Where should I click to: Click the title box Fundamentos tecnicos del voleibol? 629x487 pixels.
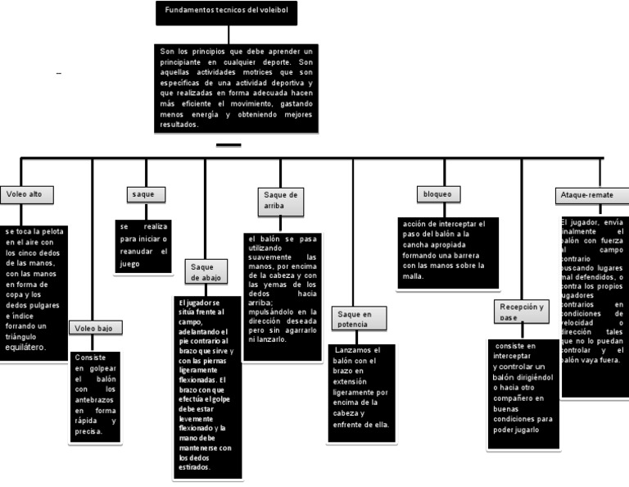coord(226,12)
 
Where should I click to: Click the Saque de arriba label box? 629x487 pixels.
coord(279,201)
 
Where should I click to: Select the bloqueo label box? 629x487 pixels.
coord(439,194)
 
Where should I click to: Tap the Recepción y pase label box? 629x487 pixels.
coord(522,312)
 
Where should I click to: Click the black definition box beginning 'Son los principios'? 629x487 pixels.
coord(236,89)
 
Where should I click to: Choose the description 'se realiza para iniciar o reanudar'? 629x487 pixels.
coord(143,245)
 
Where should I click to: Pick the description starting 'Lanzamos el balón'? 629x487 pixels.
coord(360,393)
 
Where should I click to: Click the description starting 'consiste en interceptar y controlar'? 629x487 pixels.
coord(523,394)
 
